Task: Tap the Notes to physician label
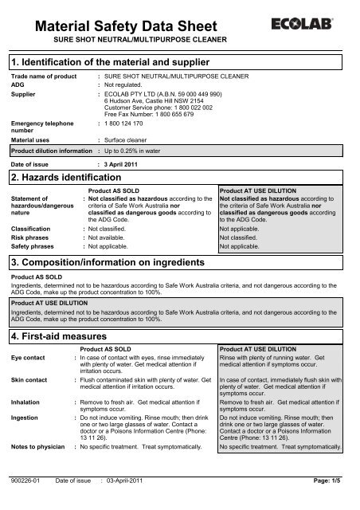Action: point(37,448)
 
